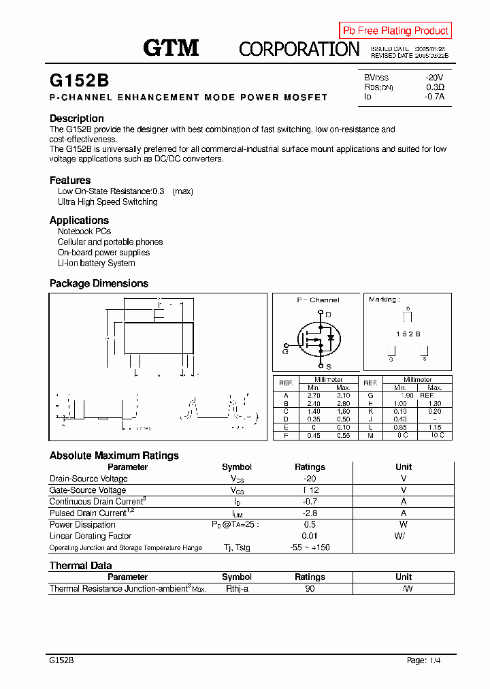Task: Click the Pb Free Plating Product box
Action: point(395,31)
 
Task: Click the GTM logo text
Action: point(171,48)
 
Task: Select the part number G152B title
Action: point(79,80)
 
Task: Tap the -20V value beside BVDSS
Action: point(434,78)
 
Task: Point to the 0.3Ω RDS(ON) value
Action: point(435,87)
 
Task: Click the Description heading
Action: point(77,118)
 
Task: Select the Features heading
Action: point(70,180)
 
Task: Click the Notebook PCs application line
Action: point(84,231)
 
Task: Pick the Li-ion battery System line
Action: point(96,263)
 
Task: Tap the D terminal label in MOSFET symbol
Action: point(329,314)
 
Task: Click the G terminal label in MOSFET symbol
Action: point(285,351)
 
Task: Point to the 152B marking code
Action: point(408,334)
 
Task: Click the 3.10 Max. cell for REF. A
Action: point(343,396)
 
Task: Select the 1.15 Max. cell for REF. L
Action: point(434,428)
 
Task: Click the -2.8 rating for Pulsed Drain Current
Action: point(310,513)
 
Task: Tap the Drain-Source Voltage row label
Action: point(88,479)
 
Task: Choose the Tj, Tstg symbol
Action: point(237,548)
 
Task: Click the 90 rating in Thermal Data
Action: point(310,589)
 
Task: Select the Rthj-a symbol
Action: point(237,589)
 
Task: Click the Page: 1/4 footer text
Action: point(423,660)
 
